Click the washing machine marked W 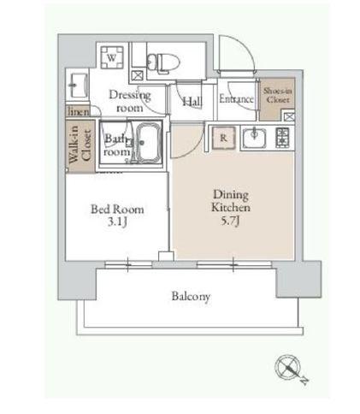(112, 57)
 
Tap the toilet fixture (163, 62)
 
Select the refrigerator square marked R (224, 138)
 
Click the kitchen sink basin (254, 138)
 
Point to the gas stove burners (282, 138)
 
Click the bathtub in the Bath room (149, 142)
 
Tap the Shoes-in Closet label (278, 95)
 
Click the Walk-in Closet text (80, 145)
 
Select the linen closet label (79, 111)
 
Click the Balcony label (191, 297)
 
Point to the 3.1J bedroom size (117, 222)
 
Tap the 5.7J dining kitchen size (231, 221)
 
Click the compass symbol (288, 367)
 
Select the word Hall (192, 102)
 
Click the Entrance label (236, 99)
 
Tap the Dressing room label (130, 101)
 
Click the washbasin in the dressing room (77, 86)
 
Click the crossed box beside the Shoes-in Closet (289, 116)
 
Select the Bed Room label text (117, 210)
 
